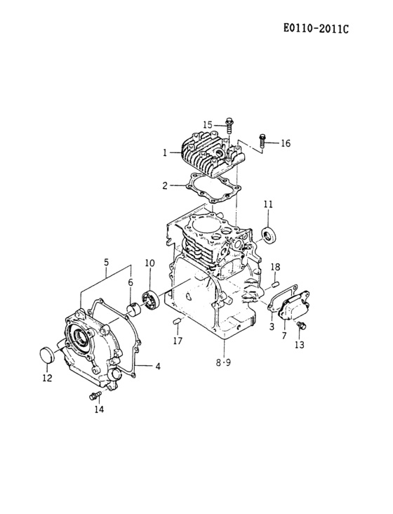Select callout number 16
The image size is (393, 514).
(285, 143)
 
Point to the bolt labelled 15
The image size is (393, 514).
(229, 126)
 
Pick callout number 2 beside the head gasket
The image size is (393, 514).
(164, 186)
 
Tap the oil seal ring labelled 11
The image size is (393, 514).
(269, 233)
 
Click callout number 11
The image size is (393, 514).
(268, 204)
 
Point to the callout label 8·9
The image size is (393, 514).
(222, 363)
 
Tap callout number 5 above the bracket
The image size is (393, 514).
(106, 263)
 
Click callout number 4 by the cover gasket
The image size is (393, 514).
(158, 366)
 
